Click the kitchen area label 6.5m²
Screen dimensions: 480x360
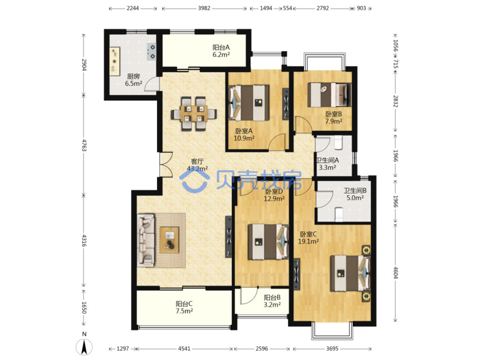point(133,83)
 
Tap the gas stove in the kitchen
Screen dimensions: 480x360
point(151,52)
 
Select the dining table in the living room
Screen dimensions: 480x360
point(193,114)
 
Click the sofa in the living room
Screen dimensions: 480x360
point(145,240)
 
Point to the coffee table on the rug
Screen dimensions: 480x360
point(169,240)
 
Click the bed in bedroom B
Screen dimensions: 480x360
point(329,94)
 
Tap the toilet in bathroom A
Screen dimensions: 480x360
point(338,142)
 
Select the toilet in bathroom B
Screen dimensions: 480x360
point(339,214)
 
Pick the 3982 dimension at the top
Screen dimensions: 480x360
point(204,8)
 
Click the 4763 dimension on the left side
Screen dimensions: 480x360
point(84,145)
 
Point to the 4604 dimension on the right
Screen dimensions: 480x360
point(395,272)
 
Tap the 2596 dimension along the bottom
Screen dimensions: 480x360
point(261,349)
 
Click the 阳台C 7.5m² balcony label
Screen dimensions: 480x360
point(184,307)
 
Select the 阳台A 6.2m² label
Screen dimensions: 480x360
point(221,51)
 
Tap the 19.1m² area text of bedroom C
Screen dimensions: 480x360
point(308,242)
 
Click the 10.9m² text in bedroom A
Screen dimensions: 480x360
point(244,138)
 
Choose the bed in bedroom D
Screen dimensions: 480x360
point(268,242)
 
